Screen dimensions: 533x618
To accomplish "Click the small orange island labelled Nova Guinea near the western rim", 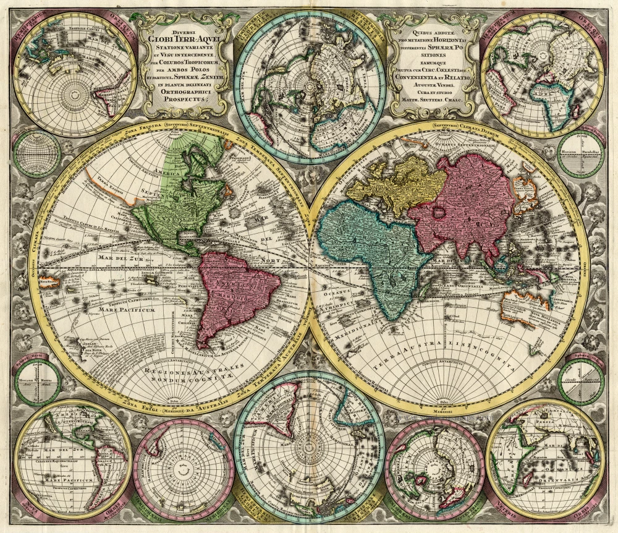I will pos(48,282).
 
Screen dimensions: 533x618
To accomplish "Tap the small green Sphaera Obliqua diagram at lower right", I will pos(581,382).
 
